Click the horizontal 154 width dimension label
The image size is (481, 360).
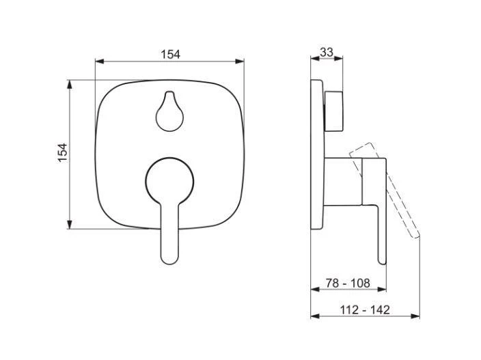coord(171,54)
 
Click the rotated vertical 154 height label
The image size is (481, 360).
coord(62,153)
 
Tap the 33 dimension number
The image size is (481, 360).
coord(327,52)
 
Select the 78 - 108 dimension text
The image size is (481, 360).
coord(348,283)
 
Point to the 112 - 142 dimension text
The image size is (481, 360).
coord(365,309)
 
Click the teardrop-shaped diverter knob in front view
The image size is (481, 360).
coord(169,111)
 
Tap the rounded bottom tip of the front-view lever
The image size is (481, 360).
coord(169,260)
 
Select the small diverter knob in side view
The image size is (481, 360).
coord(333,111)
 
